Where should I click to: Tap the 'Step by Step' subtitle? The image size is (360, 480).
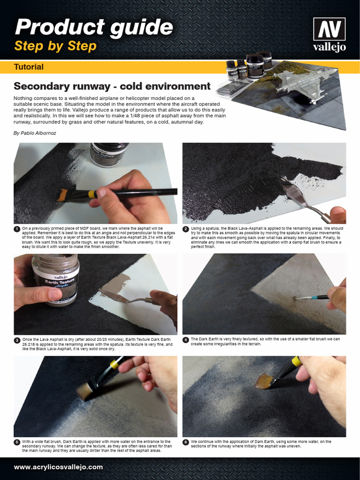pyautogui.click(x=55, y=46)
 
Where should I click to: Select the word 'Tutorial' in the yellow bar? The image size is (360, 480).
pyautogui.click(x=29, y=67)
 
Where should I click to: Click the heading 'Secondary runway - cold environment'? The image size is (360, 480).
pyautogui.click(x=112, y=86)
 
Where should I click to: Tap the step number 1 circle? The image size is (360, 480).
pyautogui.click(x=16, y=229)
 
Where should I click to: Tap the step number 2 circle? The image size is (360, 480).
pyautogui.click(x=186, y=229)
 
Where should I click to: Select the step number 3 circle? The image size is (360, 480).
pyautogui.click(x=16, y=339)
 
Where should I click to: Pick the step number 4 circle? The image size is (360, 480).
pyautogui.click(x=186, y=339)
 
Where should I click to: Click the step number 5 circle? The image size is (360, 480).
pyautogui.click(x=16, y=442)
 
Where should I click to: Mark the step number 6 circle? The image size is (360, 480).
pyautogui.click(x=186, y=442)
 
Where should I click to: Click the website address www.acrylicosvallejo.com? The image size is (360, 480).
pyautogui.click(x=59, y=467)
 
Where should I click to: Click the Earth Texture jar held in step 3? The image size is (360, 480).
pyautogui.click(x=56, y=279)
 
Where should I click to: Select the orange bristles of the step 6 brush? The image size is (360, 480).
pyautogui.click(x=264, y=381)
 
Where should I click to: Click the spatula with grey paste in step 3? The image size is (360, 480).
pyautogui.click(x=120, y=295)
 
